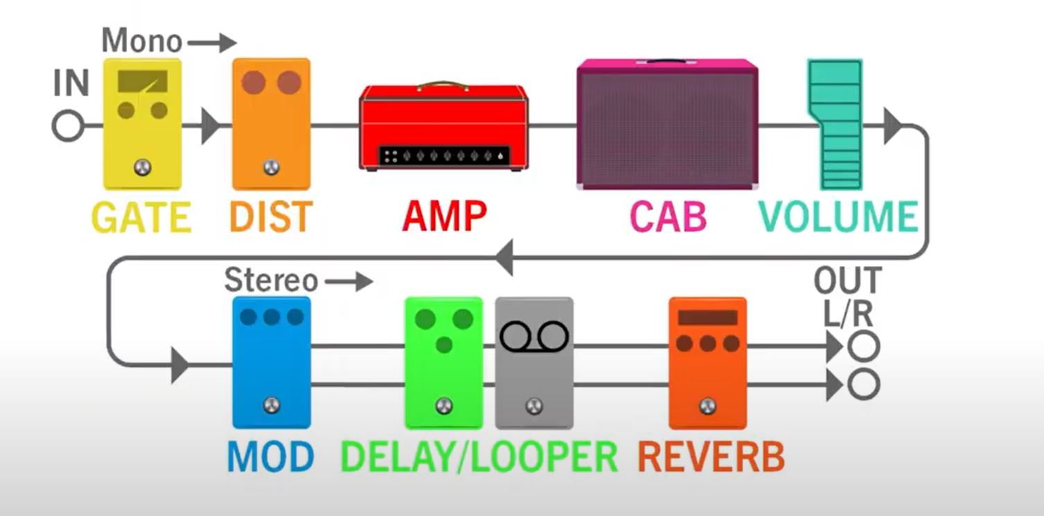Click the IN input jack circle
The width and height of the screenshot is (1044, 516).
67,127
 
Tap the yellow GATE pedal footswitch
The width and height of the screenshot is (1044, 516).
143,167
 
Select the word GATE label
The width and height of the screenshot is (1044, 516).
141,217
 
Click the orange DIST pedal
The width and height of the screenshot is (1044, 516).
271,125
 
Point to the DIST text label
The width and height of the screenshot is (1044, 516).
271,217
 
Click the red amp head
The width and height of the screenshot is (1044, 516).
443,127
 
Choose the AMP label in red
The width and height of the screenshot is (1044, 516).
444,217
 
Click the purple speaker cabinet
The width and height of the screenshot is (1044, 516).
667,125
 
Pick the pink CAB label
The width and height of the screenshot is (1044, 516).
668,217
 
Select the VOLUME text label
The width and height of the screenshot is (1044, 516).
838,217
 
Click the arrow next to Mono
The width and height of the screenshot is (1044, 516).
212,43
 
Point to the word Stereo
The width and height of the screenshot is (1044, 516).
271,281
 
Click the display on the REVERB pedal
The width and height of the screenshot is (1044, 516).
707,318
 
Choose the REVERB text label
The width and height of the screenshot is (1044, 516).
711,456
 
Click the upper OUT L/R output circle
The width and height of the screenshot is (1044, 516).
864,346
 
